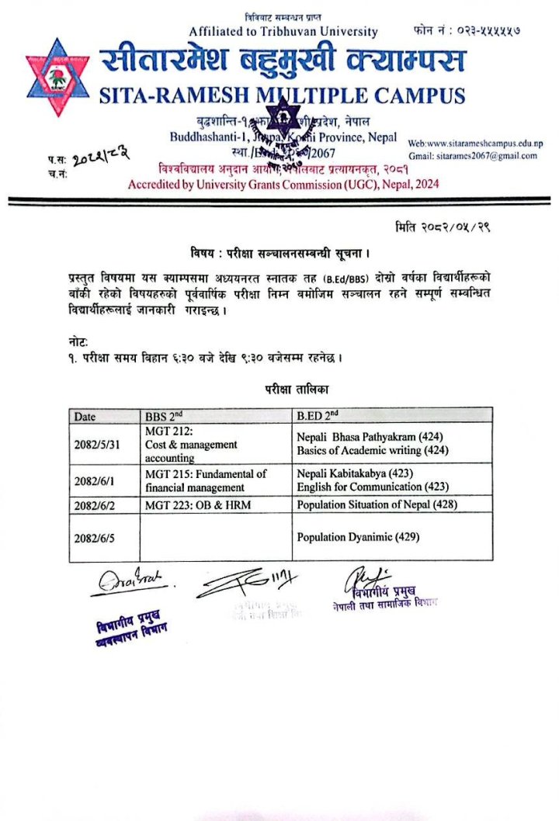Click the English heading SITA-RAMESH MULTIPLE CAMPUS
[x=283, y=96]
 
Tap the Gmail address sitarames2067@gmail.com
[x=488, y=156]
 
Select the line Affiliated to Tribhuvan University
[x=283, y=32]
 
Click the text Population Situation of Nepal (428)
[x=376, y=504]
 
